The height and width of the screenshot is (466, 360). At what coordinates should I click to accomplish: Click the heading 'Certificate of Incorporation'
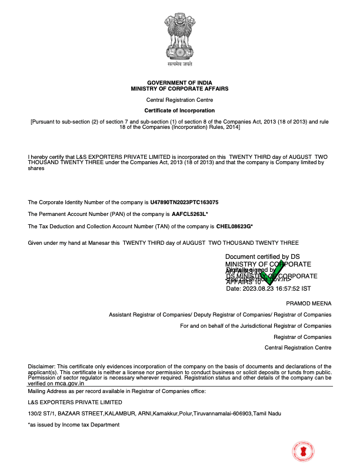tap(179, 111)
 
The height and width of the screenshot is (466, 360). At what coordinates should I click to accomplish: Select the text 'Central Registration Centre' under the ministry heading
tap(179, 100)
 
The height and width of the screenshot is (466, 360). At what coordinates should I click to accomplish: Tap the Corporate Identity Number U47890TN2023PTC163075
tap(184, 202)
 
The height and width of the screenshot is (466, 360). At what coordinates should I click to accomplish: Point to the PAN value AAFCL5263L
tap(189, 214)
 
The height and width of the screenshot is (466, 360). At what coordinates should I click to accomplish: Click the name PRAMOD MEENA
tap(308, 303)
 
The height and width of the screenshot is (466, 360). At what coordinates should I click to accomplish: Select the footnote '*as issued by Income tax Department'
tap(74, 425)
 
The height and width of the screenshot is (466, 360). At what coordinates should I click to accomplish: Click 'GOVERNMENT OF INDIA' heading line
tap(179, 82)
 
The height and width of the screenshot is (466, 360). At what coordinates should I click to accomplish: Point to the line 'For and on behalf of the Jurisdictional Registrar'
tap(255, 325)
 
